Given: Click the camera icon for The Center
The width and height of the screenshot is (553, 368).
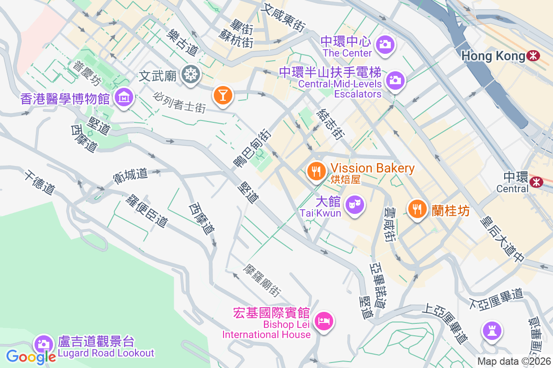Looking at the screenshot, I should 384,44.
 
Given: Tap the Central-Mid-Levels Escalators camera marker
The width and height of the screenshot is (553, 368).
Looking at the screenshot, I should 395,80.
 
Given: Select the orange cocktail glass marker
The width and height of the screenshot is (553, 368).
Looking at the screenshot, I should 223,95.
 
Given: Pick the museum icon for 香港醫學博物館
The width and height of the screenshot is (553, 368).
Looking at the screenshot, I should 124,97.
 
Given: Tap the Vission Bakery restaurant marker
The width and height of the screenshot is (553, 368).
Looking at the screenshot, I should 316,172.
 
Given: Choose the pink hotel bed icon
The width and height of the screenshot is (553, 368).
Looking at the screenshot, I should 324,320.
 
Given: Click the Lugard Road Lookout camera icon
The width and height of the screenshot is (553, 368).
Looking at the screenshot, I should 44,344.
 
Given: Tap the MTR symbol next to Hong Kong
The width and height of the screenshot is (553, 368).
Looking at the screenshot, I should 534,56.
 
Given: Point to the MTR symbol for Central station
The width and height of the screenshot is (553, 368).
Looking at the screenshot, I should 536,182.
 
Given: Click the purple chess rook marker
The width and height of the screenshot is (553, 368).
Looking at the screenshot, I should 492,330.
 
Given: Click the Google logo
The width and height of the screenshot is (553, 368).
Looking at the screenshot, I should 31,356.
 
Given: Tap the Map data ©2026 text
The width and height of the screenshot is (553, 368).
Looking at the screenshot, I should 514,361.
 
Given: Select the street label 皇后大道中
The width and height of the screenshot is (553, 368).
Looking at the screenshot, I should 503,240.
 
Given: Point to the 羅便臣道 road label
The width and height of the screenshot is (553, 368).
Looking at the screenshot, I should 146,211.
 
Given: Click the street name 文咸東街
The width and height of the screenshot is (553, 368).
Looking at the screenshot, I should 283,18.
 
